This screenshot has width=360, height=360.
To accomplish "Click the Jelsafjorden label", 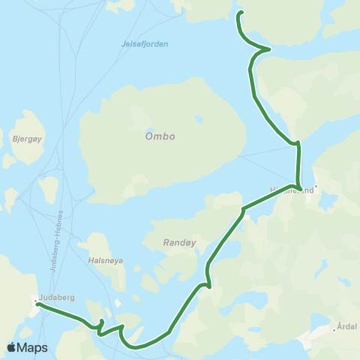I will tap(145, 44).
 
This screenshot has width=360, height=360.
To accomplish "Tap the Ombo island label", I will tap(160, 136).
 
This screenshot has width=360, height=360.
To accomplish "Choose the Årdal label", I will tap(347, 326).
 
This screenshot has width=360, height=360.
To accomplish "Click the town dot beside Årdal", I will tap(334, 329).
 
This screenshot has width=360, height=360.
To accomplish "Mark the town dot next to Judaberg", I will tap(35, 301).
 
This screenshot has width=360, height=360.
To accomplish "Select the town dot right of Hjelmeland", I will tap(316, 187).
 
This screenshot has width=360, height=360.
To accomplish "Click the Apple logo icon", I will tap(11, 347).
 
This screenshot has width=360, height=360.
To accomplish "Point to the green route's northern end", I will tap(241, 13).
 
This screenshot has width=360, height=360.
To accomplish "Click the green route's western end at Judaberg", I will tap(38, 304).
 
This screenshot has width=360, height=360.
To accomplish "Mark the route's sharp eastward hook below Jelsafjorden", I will tap(268, 49).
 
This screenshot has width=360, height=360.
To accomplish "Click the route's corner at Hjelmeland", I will tap(299, 187).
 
